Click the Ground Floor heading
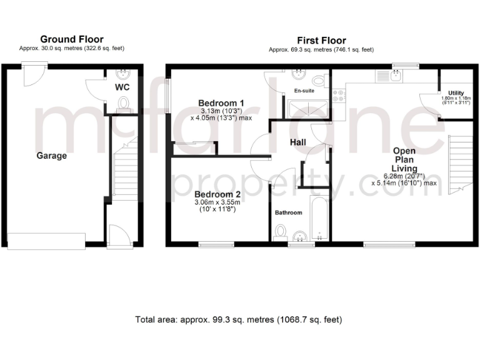click(x=72, y=39)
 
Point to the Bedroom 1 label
click(x=221, y=103)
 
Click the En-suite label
click(x=304, y=91)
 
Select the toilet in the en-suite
click(x=319, y=80)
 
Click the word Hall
click(x=297, y=143)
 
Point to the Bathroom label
click(x=289, y=212)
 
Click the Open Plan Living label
click(x=404, y=159)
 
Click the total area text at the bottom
click(x=239, y=320)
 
